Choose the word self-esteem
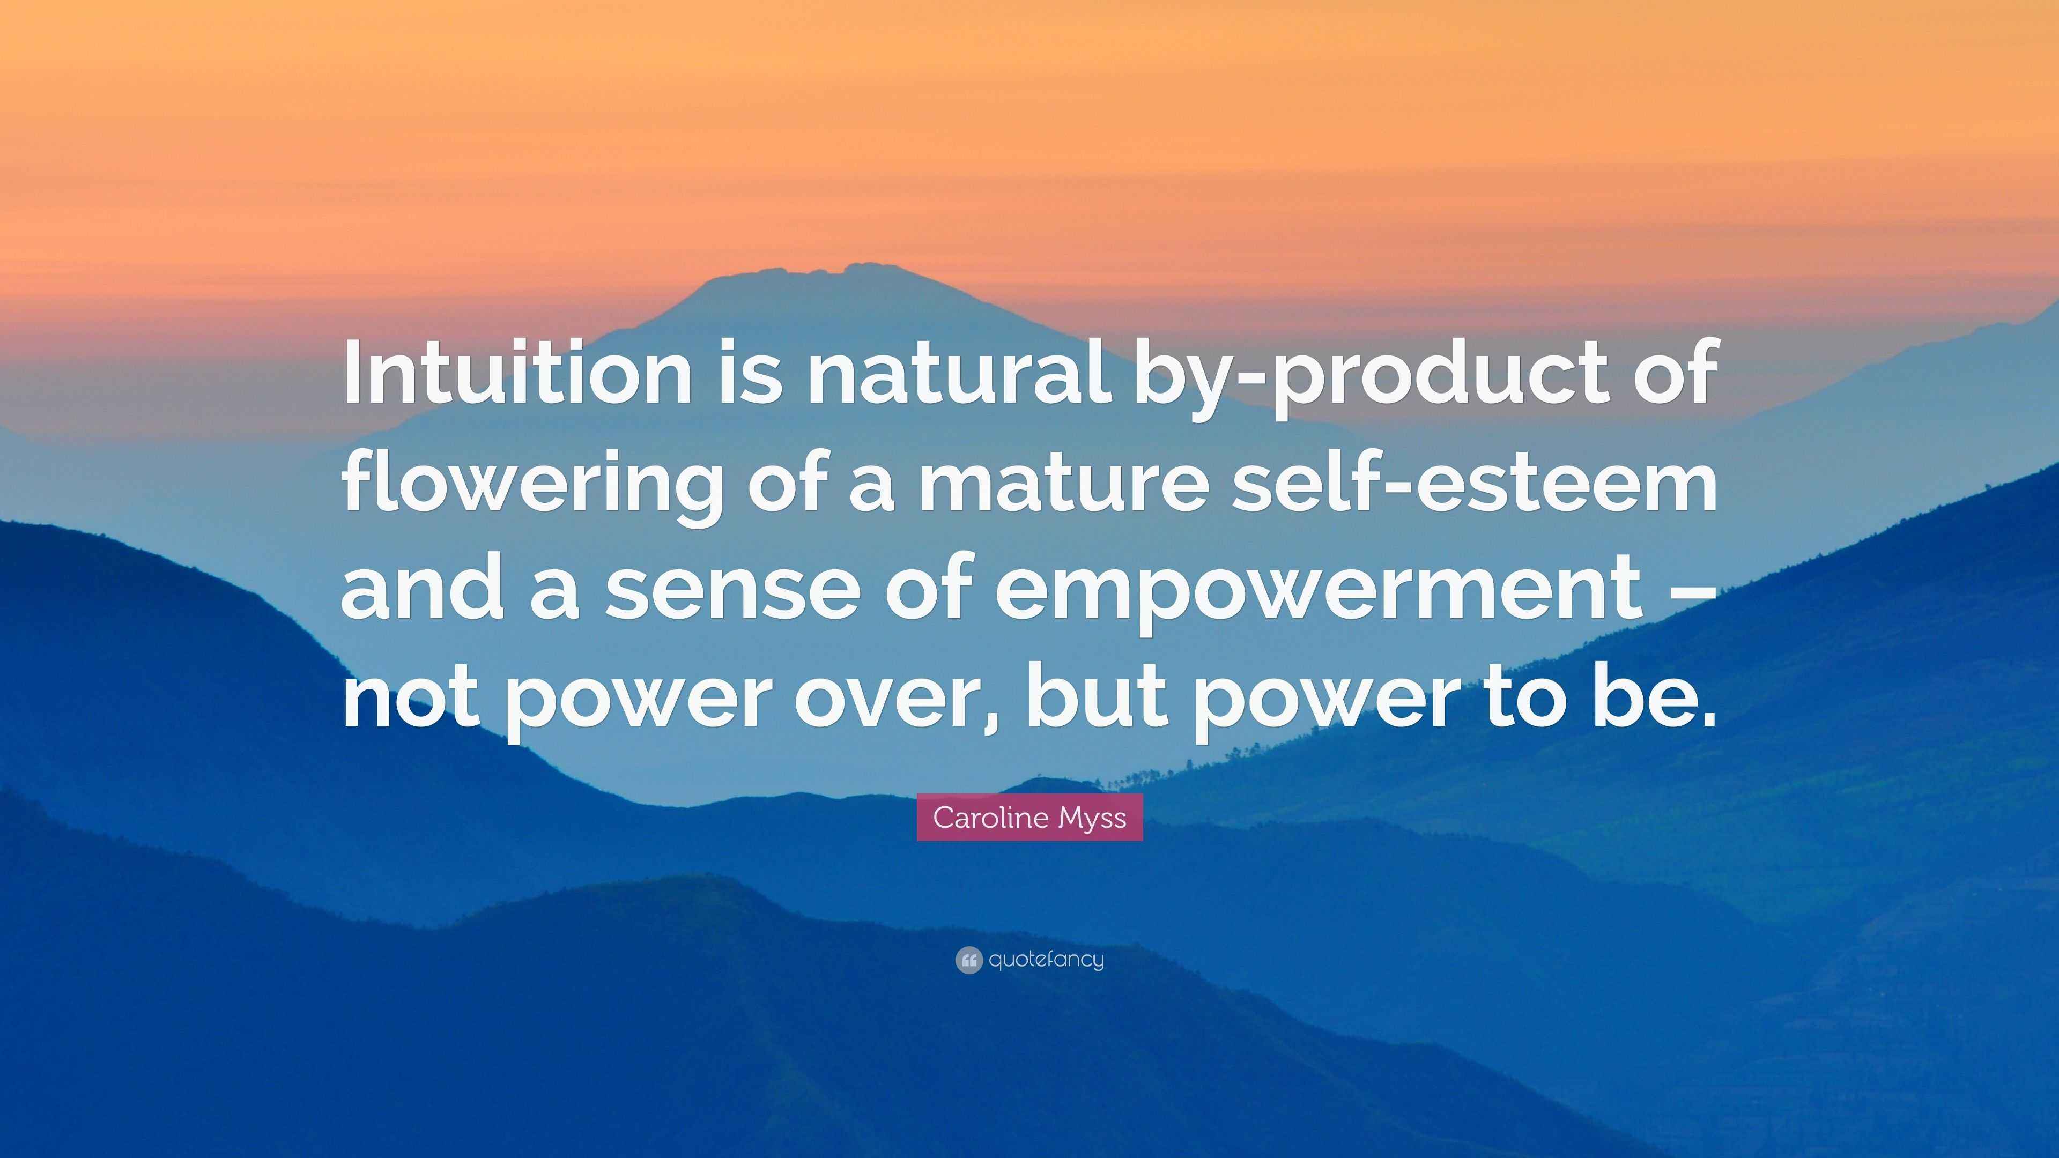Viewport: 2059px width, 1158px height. coord(1475,482)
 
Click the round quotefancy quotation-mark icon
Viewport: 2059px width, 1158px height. coord(968,960)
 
